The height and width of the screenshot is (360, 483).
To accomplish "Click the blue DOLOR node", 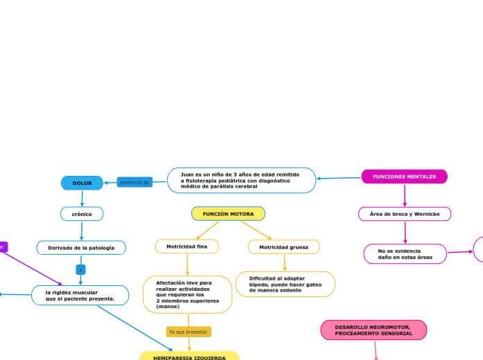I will coord(82,183).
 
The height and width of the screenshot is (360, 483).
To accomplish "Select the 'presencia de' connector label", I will coord(134,182).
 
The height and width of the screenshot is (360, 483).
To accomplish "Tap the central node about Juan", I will coord(241,180).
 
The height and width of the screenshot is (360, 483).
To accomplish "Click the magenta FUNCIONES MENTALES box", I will coord(404,177).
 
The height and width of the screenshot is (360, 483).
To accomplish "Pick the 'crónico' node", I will coord(82,214).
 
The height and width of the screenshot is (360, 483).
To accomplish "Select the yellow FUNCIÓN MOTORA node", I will coord(228,214).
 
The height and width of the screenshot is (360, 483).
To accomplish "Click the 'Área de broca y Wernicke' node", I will coord(405,214).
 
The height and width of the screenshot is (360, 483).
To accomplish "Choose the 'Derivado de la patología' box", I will coord(81,247).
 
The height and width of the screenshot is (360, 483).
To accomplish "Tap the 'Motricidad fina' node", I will coord(186,246).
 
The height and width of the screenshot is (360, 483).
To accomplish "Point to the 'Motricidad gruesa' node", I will coord(283,246).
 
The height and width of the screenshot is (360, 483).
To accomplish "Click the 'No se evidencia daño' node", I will coord(405,253).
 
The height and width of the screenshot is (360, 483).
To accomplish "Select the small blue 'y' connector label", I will coord(81,269).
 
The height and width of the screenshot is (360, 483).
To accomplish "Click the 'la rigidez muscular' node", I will coord(80,296).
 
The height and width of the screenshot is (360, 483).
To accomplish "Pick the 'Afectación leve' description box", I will coord(187,294).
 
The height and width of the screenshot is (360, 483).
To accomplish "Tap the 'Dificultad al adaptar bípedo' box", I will coord(285,284).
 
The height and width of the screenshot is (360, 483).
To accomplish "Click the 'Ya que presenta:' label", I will coord(188,332).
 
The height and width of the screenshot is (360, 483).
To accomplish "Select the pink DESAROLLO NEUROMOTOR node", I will coord(374,330).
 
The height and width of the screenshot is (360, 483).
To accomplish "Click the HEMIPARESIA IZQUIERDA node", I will coord(189,357).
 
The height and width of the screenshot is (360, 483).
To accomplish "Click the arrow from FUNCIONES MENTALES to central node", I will coord(339,178).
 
